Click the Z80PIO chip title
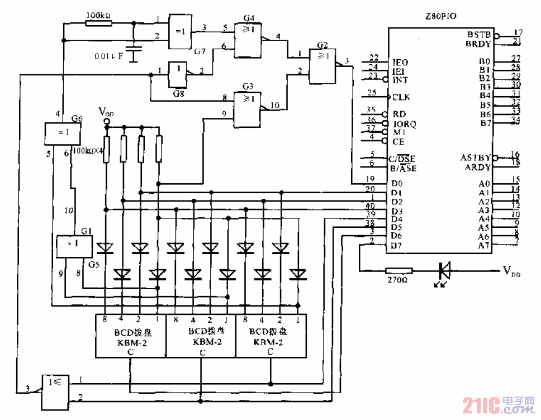tap(440, 17)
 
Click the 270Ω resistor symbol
tap(398, 270)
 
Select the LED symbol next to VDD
tap(445, 270)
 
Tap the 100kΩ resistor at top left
tap(99, 23)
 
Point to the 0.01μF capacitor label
tap(109, 56)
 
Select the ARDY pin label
tap(477, 167)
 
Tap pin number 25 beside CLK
tap(371, 92)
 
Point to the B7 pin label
tap(485, 122)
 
